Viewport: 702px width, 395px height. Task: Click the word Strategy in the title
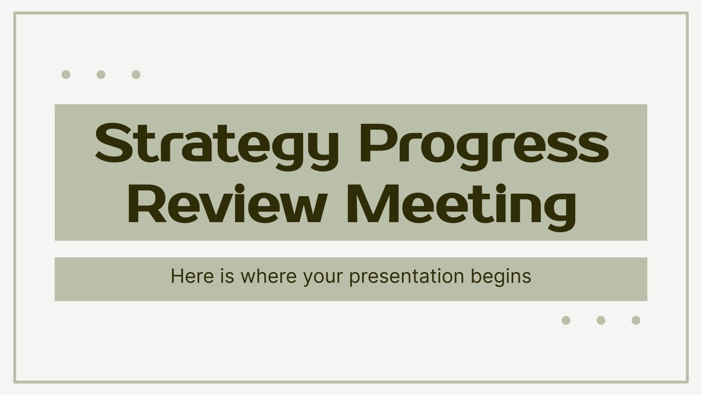[x=217, y=147]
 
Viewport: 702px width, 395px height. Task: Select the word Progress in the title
[x=484, y=147]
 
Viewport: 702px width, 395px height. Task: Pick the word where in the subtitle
[x=268, y=276]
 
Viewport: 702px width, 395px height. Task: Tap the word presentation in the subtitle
[x=406, y=278]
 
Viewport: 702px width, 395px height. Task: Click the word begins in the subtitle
[x=501, y=278]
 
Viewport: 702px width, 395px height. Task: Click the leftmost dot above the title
[x=66, y=75]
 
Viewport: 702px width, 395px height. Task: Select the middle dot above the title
[x=101, y=75]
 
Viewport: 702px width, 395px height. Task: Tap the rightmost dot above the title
[x=136, y=75]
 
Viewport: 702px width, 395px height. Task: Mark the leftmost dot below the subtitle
[x=566, y=320]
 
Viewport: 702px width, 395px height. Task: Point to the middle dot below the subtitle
[x=601, y=320]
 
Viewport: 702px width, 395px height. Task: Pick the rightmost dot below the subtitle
[x=636, y=320]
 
